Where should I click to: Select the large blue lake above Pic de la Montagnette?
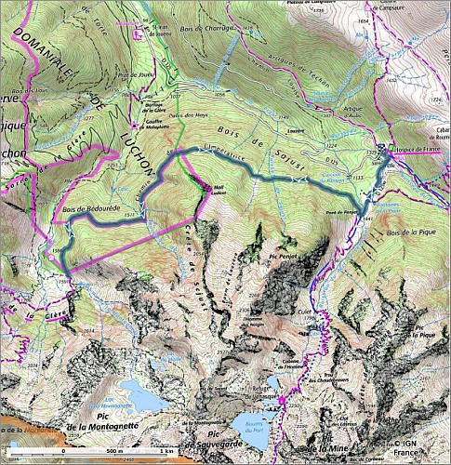(x=140, y=393)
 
